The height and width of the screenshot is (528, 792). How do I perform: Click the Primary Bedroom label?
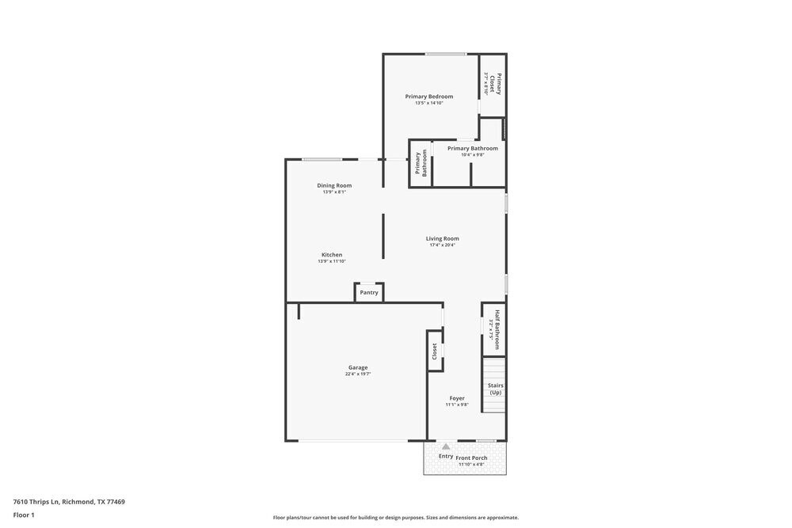(x=428, y=97)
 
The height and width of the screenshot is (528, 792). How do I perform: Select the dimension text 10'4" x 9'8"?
(x=472, y=155)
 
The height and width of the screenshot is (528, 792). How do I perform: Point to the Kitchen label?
(x=331, y=255)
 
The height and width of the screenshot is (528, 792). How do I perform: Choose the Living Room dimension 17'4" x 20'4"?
(x=442, y=245)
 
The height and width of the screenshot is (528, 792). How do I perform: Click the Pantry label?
(x=369, y=293)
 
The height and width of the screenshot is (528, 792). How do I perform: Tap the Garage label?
(x=358, y=367)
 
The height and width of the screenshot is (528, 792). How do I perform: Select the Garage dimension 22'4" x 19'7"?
(x=358, y=374)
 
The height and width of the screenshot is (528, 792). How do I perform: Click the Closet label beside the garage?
(x=435, y=351)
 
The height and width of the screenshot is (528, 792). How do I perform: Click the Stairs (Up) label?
(x=496, y=389)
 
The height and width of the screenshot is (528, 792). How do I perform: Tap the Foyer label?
(x=457, y=398)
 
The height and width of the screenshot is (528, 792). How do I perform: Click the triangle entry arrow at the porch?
(x=446, y=447)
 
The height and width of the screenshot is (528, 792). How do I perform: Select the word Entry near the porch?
(x=446, y=456)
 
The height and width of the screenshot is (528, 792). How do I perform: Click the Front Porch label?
(x=472, y=458)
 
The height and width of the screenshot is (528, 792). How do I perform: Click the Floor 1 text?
(x=24, y=515)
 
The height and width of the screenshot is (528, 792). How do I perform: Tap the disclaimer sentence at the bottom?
(x=396, y=518)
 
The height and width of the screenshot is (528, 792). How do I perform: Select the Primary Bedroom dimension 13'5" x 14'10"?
(x=428, y=103)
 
